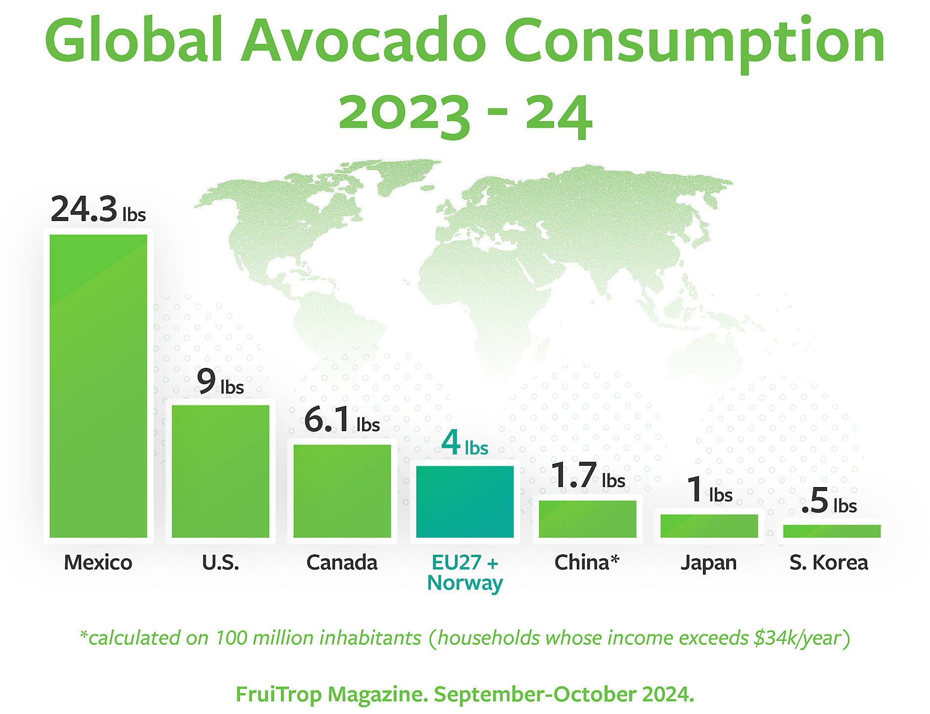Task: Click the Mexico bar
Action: pos(98,386)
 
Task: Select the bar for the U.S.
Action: pos(220,471)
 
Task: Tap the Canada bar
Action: pos(342,491)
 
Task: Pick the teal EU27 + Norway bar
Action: pos(465,501)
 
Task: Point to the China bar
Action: pos(587,519)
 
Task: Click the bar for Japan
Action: pos(709,526)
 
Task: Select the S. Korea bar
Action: pos(832,531)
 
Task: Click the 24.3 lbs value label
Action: pos(98,209)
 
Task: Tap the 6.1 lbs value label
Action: pos(341,420)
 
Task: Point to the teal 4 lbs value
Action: pos(464,443)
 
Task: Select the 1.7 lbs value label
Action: pos(587,476)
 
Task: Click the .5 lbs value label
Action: pos(829,501)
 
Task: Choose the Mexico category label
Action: pos(98,562)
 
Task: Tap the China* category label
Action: pos(587,562)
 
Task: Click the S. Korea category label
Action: pos(829,562)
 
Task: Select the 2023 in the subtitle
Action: pos(403,114)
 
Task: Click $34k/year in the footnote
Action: pos(797,638)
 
